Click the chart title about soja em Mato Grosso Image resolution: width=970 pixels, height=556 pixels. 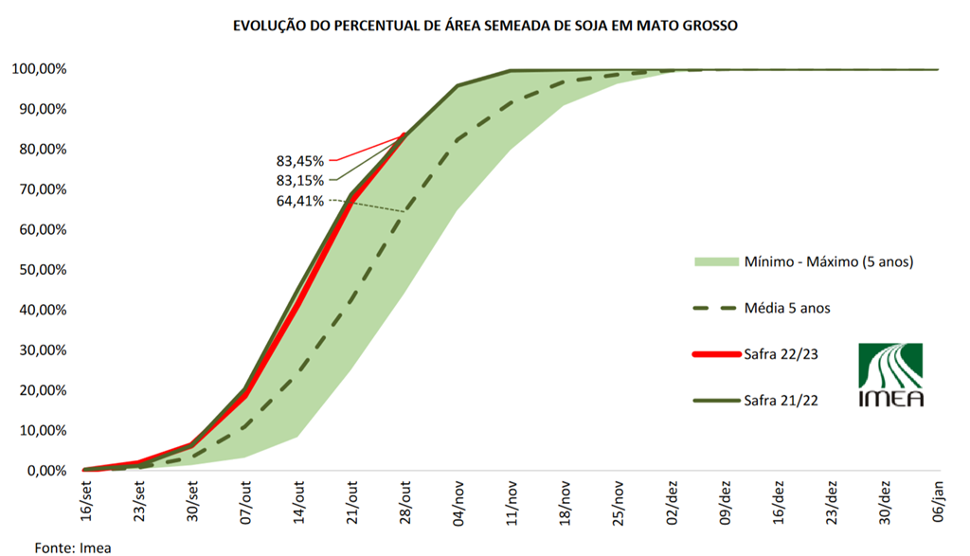click(485, 27)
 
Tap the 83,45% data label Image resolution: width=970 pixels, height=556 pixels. click(299, 161)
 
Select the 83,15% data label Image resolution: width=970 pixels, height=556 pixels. click(299, 180)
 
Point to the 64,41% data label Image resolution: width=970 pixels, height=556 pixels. click(299, 201)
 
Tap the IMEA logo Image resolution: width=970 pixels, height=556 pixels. click(889, 375)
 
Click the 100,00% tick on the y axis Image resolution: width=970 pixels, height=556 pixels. click(39, 69)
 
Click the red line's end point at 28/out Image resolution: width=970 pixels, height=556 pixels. click(405, 135)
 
